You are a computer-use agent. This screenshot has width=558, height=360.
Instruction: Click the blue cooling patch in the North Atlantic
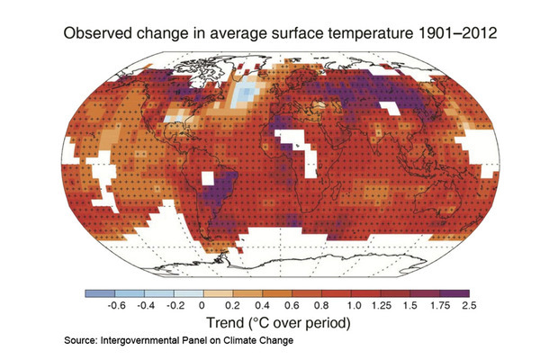[241, 95]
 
